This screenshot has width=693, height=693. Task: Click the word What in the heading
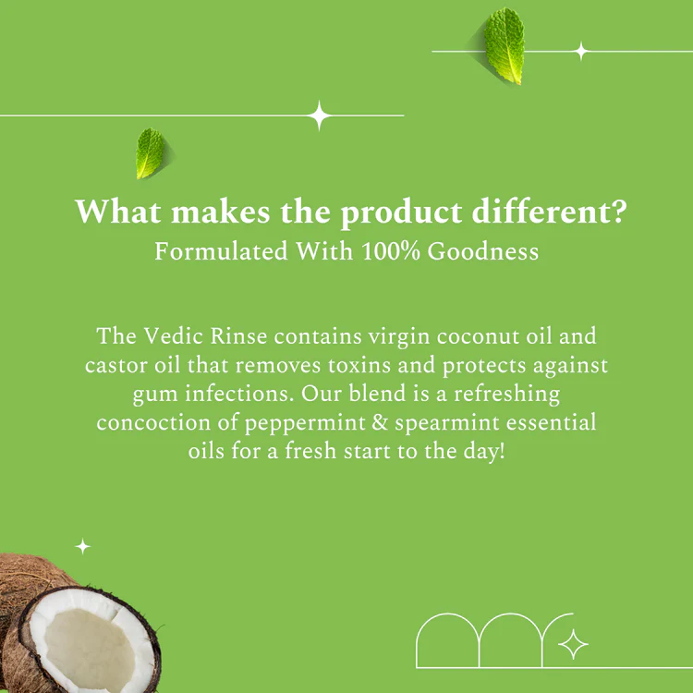(x=117, y=212)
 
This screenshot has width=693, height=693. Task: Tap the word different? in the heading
(x=549, y=212)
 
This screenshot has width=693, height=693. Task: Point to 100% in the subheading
(x=390, y=251)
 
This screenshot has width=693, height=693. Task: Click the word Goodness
(x=482, y=251)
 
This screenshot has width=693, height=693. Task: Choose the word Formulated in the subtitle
(x=221, y=251)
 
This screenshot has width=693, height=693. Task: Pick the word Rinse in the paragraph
(x=238, y=336)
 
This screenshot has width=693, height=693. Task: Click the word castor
(x=115, y=366)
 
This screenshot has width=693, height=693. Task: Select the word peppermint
(x=305, y=423)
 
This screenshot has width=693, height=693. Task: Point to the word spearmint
(x=447, y=423)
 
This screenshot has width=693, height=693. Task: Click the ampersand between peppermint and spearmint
(x=380, y=422)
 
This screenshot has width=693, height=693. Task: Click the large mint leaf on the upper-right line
(x=504, y=45)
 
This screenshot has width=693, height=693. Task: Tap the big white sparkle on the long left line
(x=319, y=115)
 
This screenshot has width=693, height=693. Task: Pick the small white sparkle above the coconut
(x=82, y=547)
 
